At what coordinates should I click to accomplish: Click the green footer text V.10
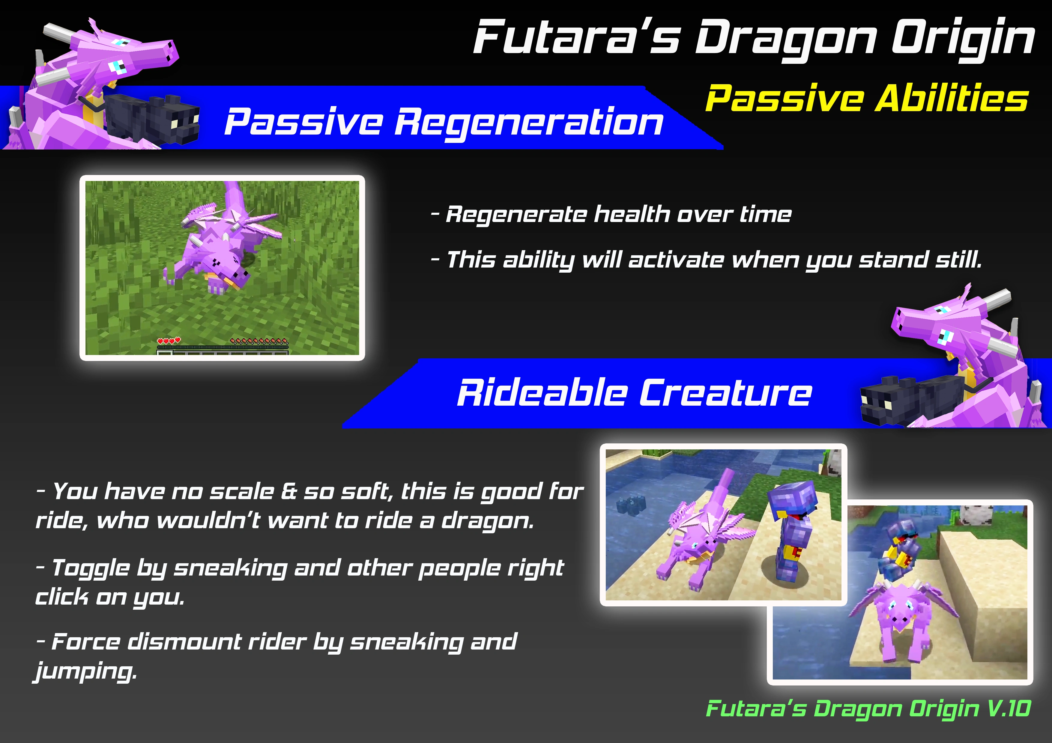(x=1009, y=708)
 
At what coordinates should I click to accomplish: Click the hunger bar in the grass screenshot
(x=259, y=341)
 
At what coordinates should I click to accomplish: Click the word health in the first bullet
(x=632, y=214)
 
